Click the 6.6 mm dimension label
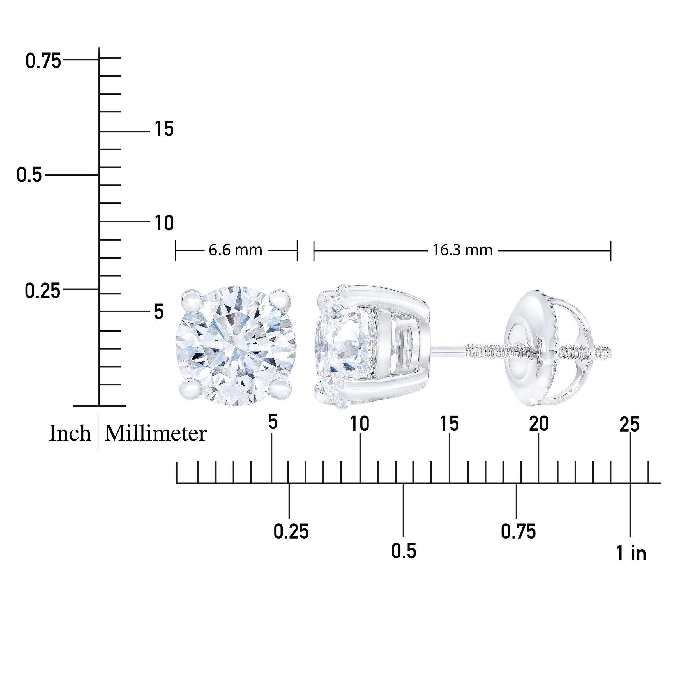click(235, 250)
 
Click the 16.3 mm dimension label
click(463, 250)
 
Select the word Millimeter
click(156, 433)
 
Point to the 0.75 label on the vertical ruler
click(43, 61)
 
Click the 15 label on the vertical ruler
click(164, 129)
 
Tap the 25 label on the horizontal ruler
click(630, 425)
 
